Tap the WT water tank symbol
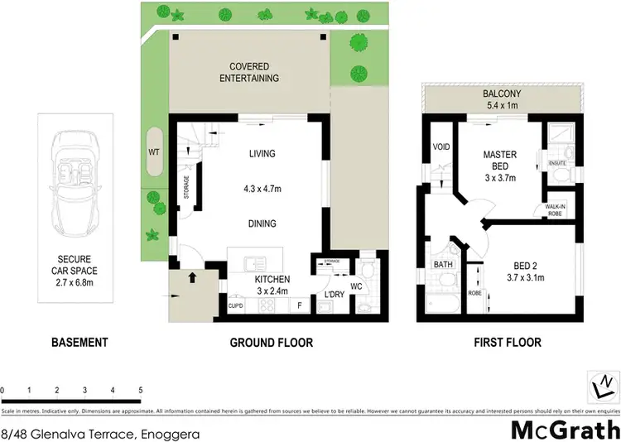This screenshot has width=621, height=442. coord(154,152)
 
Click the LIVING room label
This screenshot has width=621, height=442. coord(262,153)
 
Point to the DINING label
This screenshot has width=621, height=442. coord(262,223)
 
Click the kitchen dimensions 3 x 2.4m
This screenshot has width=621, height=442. coord(271,292)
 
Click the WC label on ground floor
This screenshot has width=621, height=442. coord(356,287)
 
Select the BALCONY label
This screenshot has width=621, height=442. coord(502,94)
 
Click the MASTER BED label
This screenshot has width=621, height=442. coord(500,160)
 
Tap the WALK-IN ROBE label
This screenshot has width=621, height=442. coord(556,210)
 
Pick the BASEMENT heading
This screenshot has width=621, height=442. coord(79,342)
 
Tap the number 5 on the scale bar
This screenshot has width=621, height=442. coord(140,389)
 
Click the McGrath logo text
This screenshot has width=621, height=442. coord(563,430)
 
